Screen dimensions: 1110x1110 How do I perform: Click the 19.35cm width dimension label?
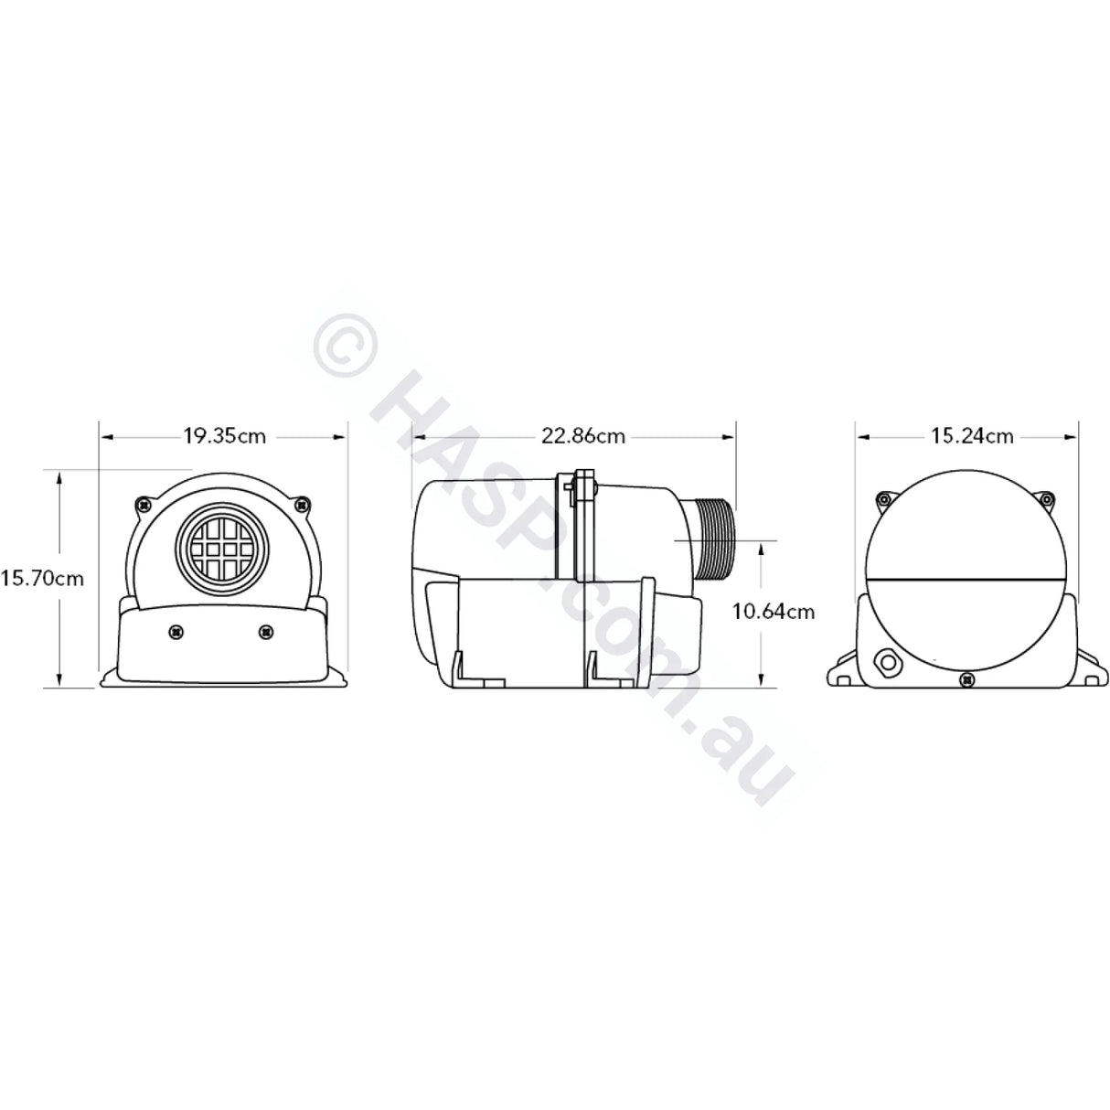(224, 435)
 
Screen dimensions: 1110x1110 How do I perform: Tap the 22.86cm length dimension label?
(583, 435)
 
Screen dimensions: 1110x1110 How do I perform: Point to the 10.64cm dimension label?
(773, 612)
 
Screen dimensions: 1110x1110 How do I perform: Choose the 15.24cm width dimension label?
(972, 435)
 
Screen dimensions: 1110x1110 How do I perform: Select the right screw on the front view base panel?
(266, 631)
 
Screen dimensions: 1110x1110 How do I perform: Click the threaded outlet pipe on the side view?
(713, 539)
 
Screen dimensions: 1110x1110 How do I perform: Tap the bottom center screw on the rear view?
(967, 678)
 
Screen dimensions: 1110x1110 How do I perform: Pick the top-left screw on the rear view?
(882, 499)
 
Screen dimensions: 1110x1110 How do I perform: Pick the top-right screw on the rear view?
(1049, 499)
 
